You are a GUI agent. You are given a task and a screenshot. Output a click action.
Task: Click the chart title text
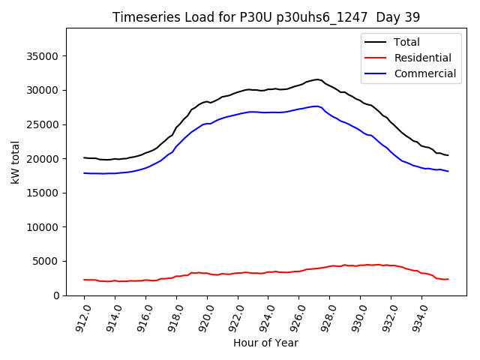click(266, 16)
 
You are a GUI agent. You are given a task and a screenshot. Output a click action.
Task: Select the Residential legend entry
click(422, 58)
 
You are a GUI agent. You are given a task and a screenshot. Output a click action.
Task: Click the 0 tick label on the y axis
click(57, 295)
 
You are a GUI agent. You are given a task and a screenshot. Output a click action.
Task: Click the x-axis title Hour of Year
click(265, 343)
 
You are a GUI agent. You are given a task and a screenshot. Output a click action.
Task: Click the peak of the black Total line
click(317, 79)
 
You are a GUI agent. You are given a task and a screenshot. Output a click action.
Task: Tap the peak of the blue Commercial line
click(316, 106)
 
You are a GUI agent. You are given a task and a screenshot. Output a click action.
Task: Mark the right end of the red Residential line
click(448, 279)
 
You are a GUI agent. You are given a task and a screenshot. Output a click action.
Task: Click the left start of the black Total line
click(84, 157)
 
